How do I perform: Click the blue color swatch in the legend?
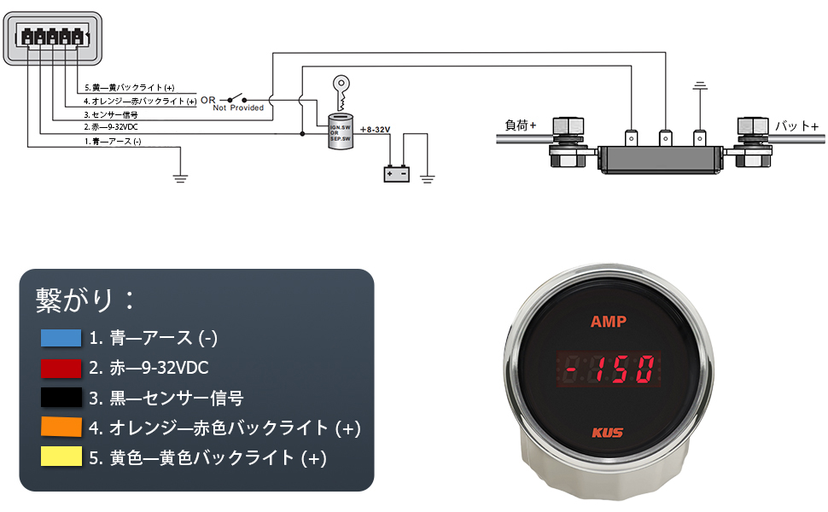pyautogui.click(x=61, y=338)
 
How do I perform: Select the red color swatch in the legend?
pyautogui.click(x=61, y=368)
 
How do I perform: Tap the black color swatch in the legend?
pyautogui.click(x=61, y=398)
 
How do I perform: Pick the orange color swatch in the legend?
pyautogui.click(x=61, y=428)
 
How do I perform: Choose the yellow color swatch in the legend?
pyautogui.click(x=61, y=457)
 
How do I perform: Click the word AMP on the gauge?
pyautogui.click(x=608, y=322)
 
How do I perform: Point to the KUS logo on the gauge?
pyautogui.click(x=607, y=432)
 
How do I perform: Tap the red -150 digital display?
pyautogui.click(x=608, y=369)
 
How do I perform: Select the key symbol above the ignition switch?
pyautogui.click(x=341, y=89)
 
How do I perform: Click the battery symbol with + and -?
pyautogui.click(x=396, y=174)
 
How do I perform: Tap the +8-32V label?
pyautogui.click(x=375, y=129)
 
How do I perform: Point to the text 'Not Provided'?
pyautogui.click(x=238, y=108)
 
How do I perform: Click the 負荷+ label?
pyautogui.click(x=521, y=125)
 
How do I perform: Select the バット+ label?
pyautogui.click(x=796, y=126)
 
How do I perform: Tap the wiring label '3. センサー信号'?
pyautogui.click(x=111, y=114)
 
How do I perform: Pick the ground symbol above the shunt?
pyautogui.click(x=701, y=86)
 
